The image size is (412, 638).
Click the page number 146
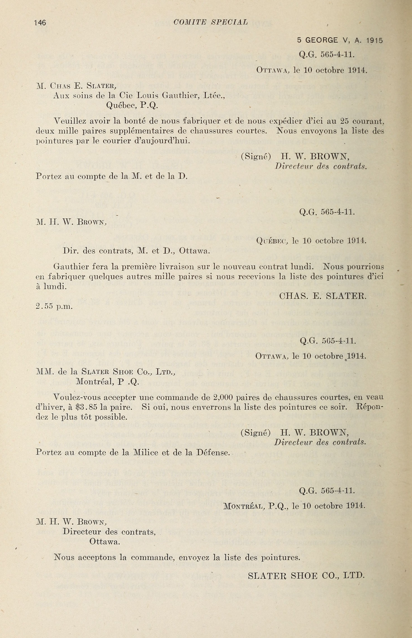point(40,23)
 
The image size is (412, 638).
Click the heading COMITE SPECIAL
point(211,22)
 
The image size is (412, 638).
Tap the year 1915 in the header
point(375,40)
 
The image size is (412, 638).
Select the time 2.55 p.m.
point(54,307)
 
